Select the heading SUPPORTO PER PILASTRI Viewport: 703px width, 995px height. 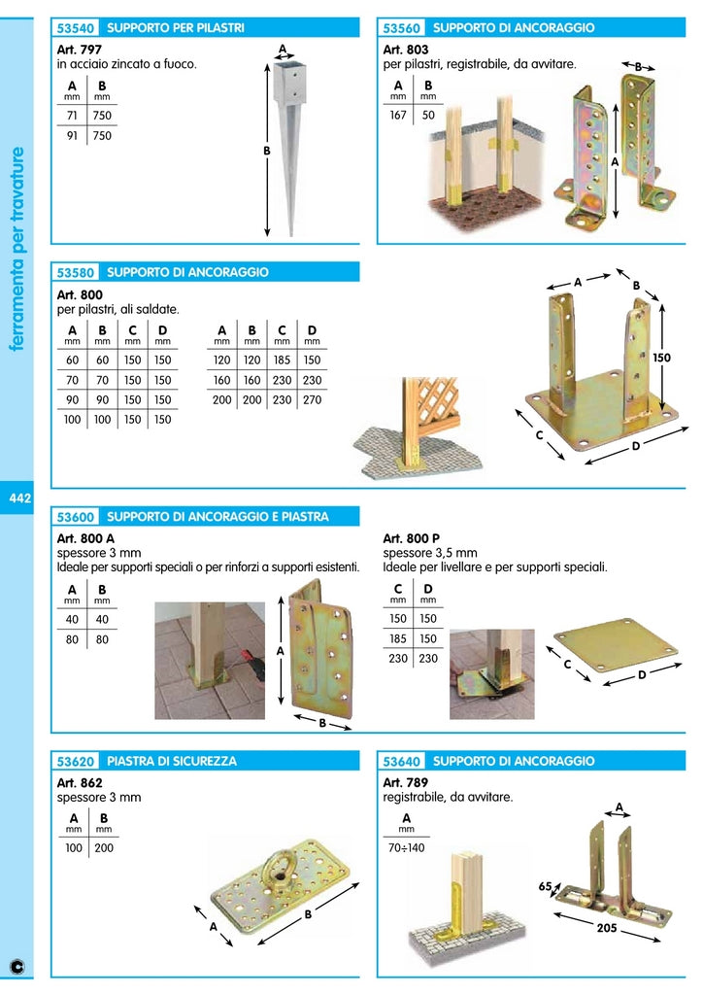(x=175, y=28)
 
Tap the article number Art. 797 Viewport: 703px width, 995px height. (x=79, y=49)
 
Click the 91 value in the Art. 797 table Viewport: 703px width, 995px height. (x=72, y=136)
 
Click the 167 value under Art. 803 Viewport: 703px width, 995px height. (x=398, y=116)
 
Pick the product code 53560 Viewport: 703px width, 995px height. (x=401, y=28)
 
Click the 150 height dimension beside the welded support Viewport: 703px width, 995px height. (x=661, y=358)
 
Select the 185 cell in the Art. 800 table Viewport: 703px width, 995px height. (x=282, y=360)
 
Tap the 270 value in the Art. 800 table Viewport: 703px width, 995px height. (x=312, y=400)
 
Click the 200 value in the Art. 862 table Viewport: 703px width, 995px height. (x=103, y=849)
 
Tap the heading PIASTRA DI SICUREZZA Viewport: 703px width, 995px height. (x=171, y=762)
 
